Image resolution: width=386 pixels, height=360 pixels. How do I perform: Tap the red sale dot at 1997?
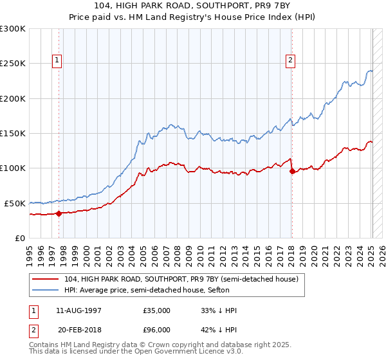coord(59,213)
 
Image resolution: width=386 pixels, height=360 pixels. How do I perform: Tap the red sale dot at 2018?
coord(292,171)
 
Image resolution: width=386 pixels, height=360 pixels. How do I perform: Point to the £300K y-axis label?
coord(13,29)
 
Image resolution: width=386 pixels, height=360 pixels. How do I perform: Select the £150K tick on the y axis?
coord(13,133)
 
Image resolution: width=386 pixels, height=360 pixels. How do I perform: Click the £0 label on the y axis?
coord(20,238)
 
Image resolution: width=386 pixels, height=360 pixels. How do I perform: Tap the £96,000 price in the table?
coord(156,330)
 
